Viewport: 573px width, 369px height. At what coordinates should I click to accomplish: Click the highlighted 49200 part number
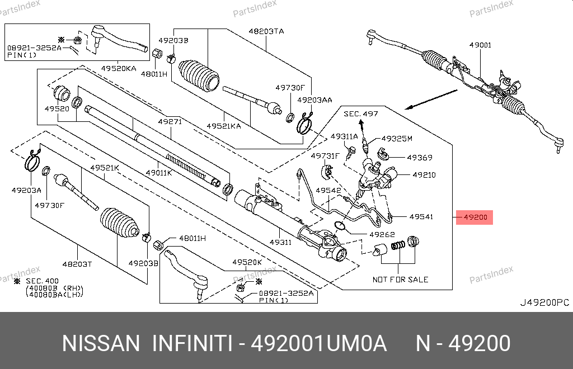coord(475,217)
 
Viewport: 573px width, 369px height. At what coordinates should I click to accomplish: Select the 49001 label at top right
coord(480,45)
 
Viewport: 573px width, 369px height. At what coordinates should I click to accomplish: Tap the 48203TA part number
coord(266,32)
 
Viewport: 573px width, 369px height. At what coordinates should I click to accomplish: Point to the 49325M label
coord(396,138)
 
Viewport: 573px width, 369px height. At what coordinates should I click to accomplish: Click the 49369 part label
coord(419,158)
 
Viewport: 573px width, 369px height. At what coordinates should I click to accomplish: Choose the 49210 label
coord(424,175)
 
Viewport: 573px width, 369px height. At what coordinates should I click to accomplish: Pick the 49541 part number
coord(421,216)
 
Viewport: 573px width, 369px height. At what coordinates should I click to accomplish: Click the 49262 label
coord(382,235)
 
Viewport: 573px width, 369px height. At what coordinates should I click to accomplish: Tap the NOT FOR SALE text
coord(400,279)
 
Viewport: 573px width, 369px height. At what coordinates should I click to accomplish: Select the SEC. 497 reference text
coord(360,114)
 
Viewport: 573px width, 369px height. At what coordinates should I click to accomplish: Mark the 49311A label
coord(344,136)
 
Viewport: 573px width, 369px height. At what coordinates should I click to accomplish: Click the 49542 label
coord(328,191)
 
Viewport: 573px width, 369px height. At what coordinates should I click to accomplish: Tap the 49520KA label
coord(119,68)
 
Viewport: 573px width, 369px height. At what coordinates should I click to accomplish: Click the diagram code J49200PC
coord(544,302)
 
